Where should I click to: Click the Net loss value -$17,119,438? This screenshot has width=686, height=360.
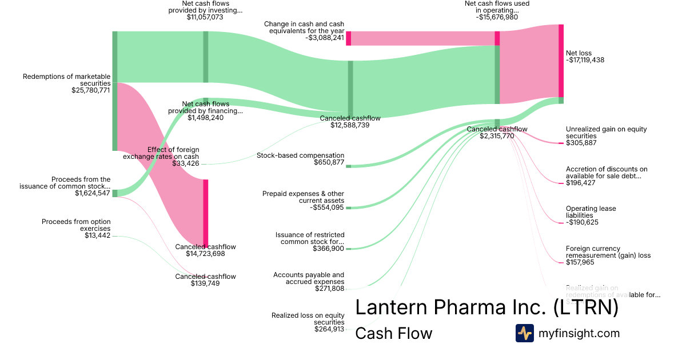(585, 59)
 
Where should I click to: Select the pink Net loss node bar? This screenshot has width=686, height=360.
(561, 61)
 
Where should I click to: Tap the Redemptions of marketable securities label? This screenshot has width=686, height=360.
(67, 80)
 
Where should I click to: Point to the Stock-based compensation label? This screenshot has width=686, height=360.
(301, 155)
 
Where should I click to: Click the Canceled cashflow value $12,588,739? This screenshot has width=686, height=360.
(350, 125)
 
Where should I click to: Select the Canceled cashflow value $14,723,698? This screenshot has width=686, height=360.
(205, 254)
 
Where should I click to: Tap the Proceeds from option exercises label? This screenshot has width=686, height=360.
(76, 225)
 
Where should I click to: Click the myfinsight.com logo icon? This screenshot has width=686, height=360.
(524, 333)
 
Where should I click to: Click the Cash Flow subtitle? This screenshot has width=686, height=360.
(394, 333)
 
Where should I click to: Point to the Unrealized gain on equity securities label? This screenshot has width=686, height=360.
(606, 133)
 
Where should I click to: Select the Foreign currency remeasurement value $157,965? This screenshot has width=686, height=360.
(580, 262)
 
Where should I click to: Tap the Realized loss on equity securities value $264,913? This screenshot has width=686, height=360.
(329, 329)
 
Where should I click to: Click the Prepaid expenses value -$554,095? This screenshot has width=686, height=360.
(328, 208)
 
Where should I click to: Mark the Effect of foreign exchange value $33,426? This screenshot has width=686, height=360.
(186, 163)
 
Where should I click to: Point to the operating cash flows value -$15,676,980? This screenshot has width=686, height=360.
(497, 17)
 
